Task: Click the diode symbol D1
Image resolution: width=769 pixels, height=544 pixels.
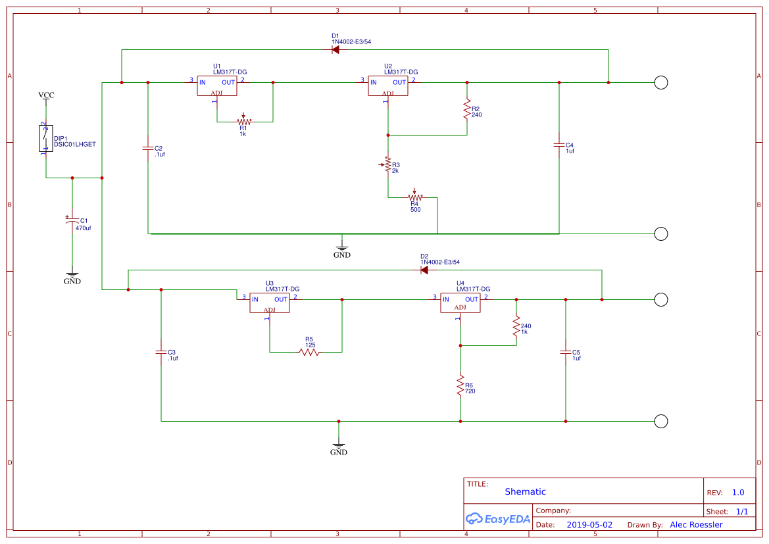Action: pos(335,49)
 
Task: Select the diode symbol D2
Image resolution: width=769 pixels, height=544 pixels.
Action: pos(424,270)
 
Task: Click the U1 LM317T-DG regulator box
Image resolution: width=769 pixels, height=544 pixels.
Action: pos(216,86)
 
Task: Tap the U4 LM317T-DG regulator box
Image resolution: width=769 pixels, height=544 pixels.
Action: pos(460,303)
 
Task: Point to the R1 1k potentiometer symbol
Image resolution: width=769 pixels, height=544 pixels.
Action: pos(244,121)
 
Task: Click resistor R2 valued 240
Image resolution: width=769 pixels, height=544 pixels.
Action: pos(467,109)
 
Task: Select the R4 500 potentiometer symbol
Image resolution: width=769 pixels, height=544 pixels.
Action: pos(414,197)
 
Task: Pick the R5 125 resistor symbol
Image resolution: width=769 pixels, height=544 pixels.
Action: pos(309,352)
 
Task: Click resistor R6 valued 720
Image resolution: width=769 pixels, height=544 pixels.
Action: pos(460,386)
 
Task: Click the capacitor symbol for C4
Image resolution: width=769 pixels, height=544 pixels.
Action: pos(559,145)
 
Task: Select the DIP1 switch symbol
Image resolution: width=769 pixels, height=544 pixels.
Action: pos(45,139)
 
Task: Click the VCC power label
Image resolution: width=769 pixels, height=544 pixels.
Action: pos(46,95)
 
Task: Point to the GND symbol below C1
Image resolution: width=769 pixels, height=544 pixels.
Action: pos(72,276)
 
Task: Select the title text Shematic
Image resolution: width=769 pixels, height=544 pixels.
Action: pos(525,491)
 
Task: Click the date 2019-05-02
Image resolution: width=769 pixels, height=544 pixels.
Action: pos(589,525)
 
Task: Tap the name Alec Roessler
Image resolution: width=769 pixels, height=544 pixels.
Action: pos(696,525)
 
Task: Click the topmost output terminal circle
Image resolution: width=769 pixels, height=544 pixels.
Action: pos(661,82)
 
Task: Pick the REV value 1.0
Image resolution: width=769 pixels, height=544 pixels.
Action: pos(737,492)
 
